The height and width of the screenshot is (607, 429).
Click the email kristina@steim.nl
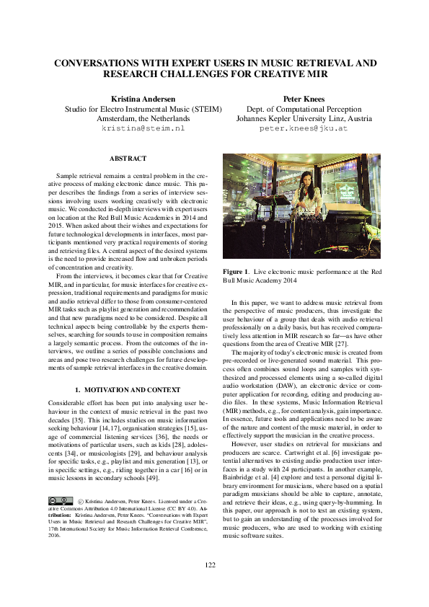tap(143, 128)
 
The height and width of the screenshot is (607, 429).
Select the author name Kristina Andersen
tap(143, 98)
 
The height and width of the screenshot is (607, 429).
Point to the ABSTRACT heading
tap(128, 159)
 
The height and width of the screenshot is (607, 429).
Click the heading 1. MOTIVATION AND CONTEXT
tap(128, 391)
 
